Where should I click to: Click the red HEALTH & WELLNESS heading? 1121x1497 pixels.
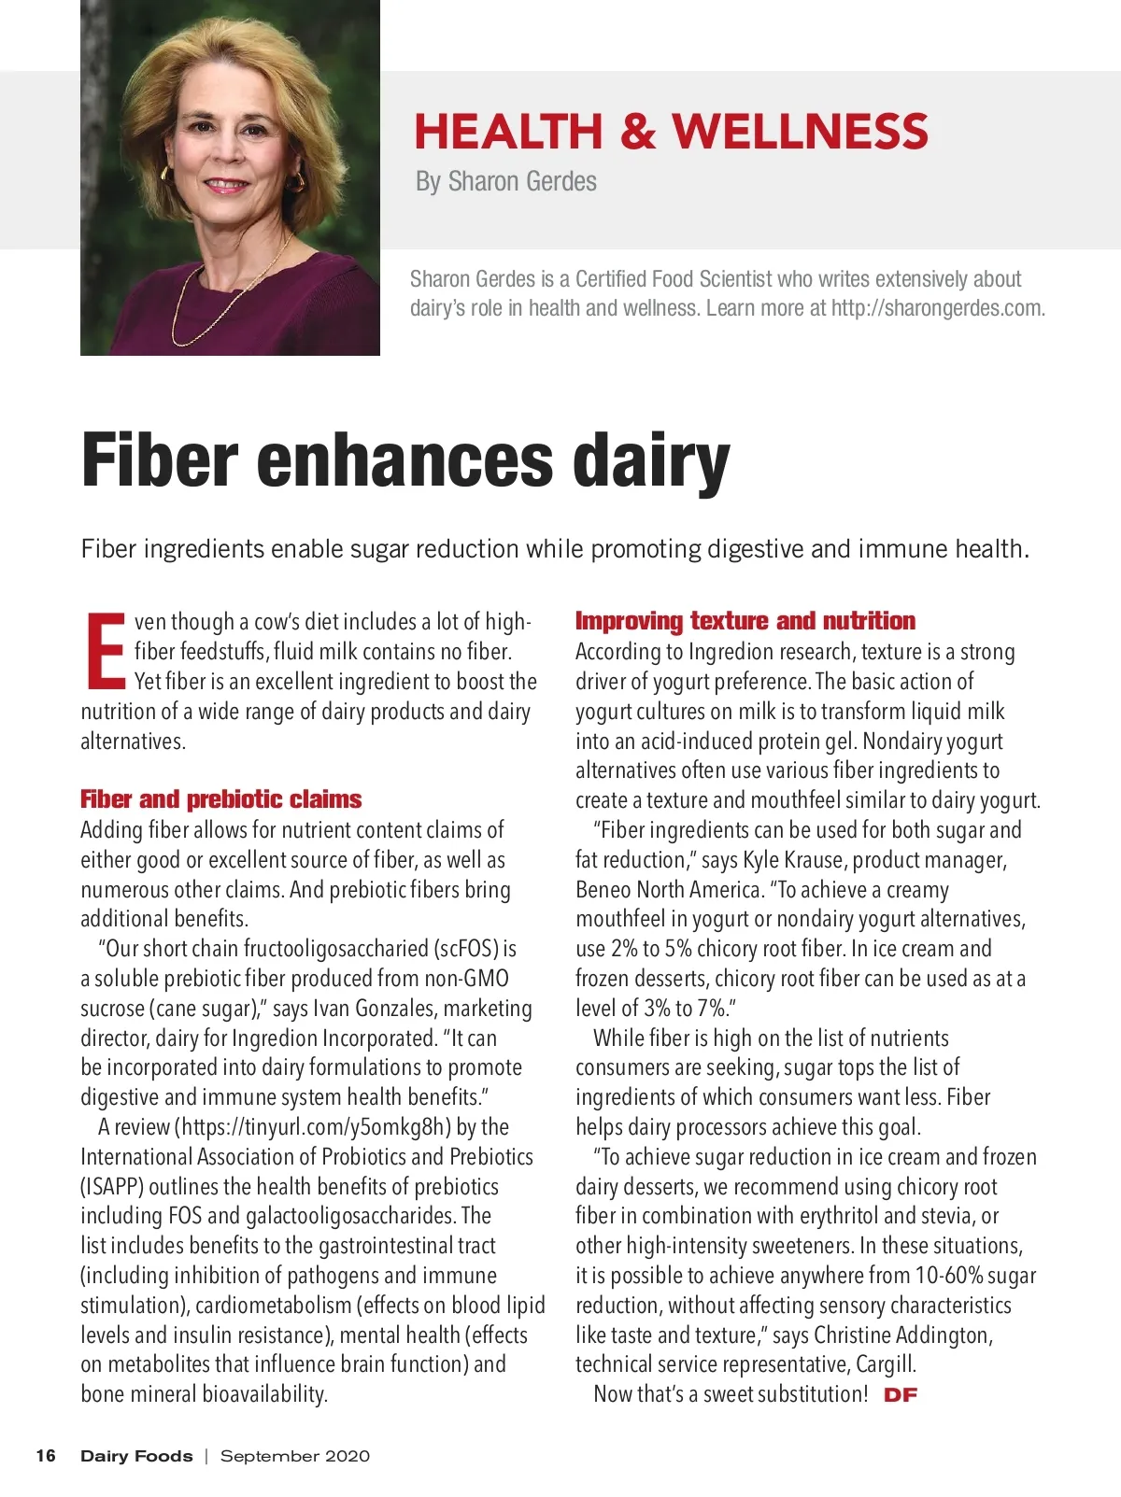pyautogui.click(x=671, y=132)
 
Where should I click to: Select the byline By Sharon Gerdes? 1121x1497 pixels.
pyautogui.click(x=505, y=181)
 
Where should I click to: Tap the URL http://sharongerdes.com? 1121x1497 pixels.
pyautogui.click(x=937, y=308)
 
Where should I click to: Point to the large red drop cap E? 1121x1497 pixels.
pyautogui.click(x=105, y=649)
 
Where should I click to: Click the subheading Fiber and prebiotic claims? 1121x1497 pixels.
pyautogui.click(x=220, y=799)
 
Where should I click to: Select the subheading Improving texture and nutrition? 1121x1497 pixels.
pyautogui.click(x=745, y=621)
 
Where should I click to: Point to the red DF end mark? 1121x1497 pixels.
pyautogui.click(x=901, y=1395)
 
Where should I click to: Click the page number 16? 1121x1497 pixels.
pyautogui.click(x=46, y=1456)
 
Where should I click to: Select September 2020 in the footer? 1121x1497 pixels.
pyautogui.click(x=294, y=1456)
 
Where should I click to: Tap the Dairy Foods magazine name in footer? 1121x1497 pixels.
pyautogui.click(x=136, y=1456)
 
